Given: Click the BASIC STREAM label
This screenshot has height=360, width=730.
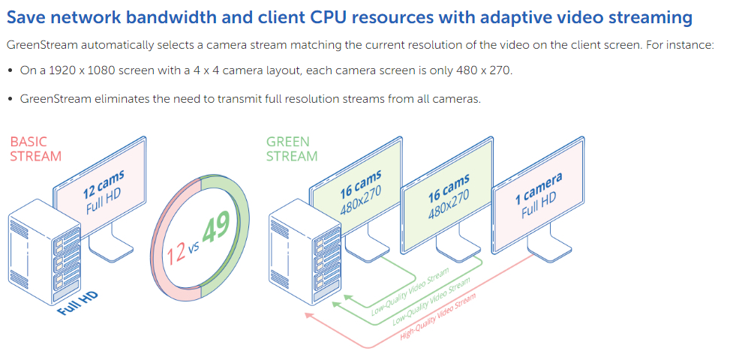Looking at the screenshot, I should (35, 148).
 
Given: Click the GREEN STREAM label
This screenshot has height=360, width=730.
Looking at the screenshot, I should (292, 148).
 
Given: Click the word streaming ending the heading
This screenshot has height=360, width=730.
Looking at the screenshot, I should (649, 16).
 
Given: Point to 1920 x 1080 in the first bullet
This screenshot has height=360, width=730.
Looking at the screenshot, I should (77, 70).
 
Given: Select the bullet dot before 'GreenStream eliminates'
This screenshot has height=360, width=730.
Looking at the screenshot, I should (10, 99).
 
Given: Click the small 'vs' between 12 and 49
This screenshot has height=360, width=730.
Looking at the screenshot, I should (194, 244).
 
